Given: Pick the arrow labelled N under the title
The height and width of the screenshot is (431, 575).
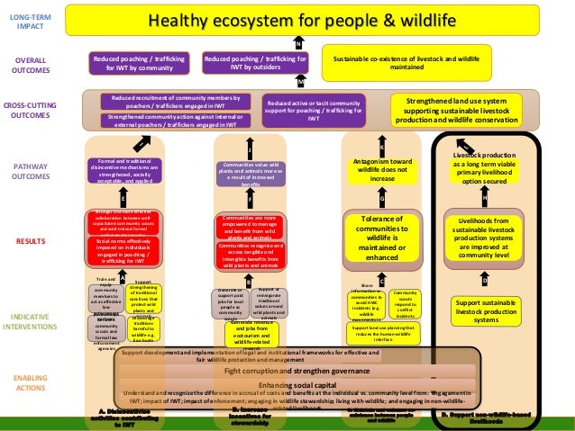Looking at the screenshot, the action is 298,42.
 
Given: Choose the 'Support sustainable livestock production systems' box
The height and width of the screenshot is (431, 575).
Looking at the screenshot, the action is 485,310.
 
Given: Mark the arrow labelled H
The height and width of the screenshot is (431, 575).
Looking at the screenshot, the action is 485,196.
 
